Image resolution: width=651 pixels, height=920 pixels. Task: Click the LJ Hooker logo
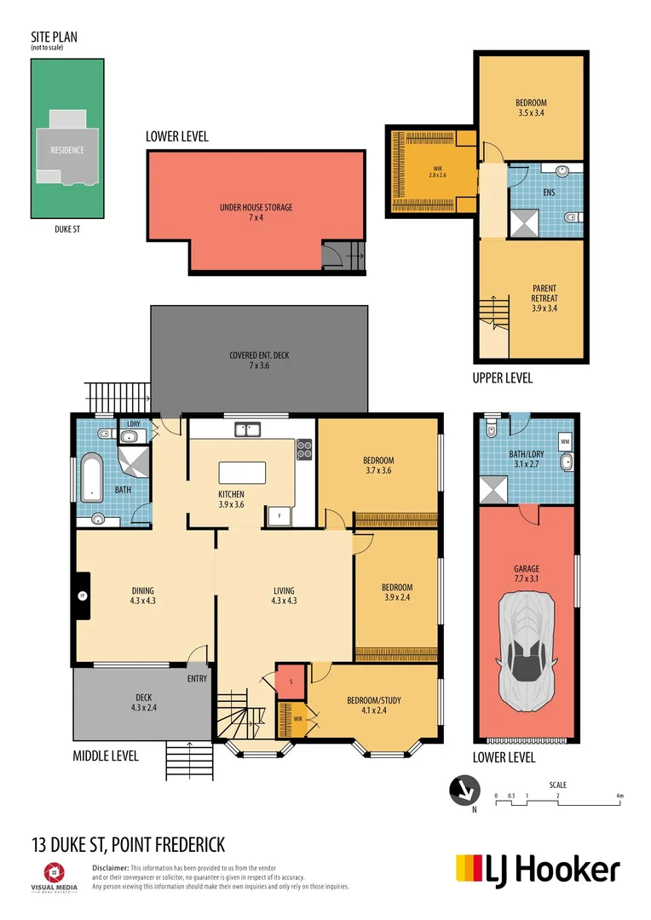(x=538, y=870)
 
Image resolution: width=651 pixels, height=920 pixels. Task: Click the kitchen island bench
(x=242, y=472)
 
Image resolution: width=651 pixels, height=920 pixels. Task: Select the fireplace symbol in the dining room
(x=83, y=595)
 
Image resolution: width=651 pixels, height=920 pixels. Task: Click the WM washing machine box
(x=565, y=440)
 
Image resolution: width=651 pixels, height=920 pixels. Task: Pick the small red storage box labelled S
(x=291, y=680)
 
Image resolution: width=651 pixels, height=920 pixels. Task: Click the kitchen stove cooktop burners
(x=304, y=449)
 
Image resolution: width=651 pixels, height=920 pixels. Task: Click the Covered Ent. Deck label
(x=259, y=359)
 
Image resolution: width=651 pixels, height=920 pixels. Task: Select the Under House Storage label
(x=256, y=212)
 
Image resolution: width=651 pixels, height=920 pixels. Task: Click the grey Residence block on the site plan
(x=67, y=150)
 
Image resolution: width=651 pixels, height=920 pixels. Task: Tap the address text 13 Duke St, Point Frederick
(x=128, y=844)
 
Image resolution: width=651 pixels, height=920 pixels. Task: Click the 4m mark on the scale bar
(x=620, y=796)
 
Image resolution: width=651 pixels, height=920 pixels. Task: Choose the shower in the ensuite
(x=521, y=223)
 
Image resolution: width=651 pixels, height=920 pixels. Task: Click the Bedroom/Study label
(x=373, y=704)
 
